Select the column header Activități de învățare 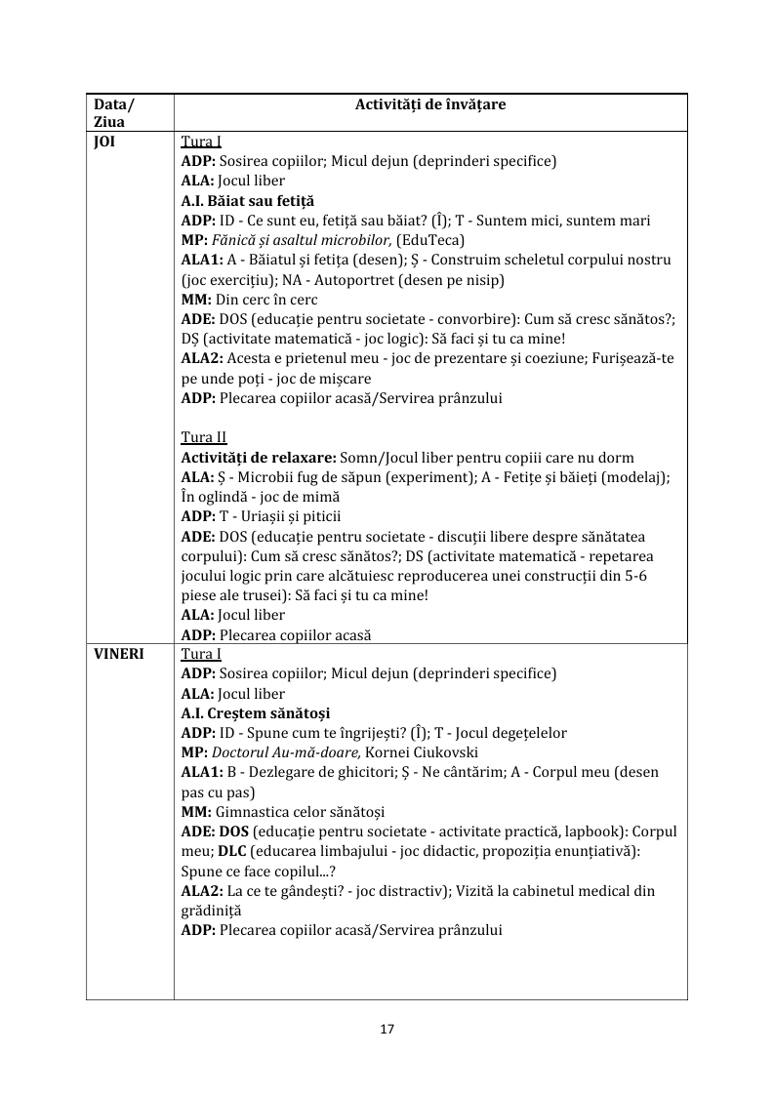click(x=430, y=103)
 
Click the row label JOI click(x=104, y=142)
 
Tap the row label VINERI click(x=118, y=654)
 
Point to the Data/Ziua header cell click(x=114, y=112)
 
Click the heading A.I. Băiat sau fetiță click(x=248, y=200)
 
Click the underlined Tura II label click(x=204, y=437)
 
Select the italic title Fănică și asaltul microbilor click(x=302, y=240)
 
